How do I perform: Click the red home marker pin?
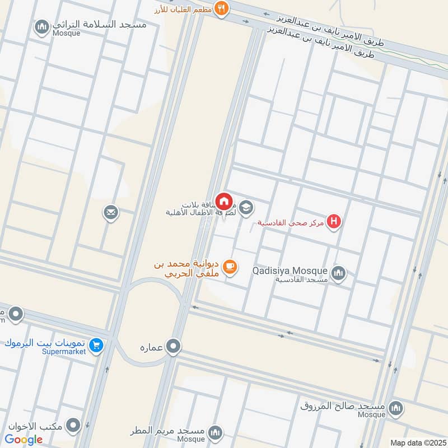(224, 201)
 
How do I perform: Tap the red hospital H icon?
(335, 222)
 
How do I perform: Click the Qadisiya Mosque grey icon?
(338, 273)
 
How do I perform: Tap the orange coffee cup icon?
(229, 268)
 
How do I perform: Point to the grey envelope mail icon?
(111, 212)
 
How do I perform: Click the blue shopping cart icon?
(97, 345)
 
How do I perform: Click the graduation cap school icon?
(246, 209)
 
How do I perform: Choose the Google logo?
(24, 439)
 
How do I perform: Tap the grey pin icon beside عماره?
(174, 346)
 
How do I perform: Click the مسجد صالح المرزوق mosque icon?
(396, 407)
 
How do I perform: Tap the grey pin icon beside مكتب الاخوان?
(73, 426)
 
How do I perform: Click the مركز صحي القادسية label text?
(291, 223)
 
